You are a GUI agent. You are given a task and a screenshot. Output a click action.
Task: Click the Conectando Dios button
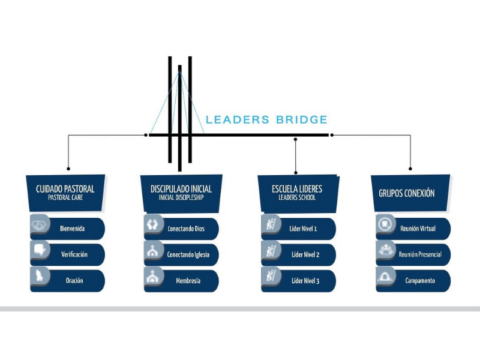tap(185, 228)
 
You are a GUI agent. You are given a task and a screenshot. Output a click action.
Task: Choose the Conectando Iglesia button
tap(185, 253)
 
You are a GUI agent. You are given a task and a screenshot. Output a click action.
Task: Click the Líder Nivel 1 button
tap(300, 228)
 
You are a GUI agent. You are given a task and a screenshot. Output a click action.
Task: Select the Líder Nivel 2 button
tap(300, 253)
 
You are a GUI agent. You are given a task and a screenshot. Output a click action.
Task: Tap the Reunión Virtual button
tap(415, 228)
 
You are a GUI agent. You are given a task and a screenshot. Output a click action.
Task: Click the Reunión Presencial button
tap(415, 253)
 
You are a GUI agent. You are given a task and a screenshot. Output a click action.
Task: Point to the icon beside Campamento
tap(384, 278)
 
